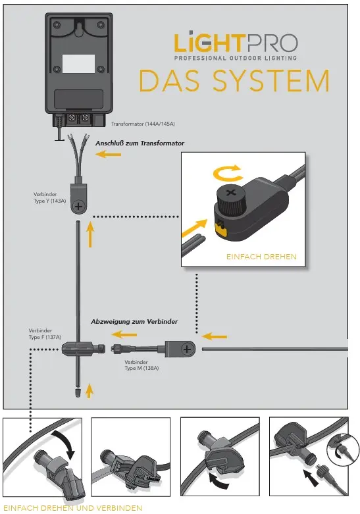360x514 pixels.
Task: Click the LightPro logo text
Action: [235, 43]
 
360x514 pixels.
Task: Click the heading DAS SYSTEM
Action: [234, 81]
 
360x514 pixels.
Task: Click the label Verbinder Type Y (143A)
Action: [49, 197]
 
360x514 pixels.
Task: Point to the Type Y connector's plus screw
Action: [79, 206]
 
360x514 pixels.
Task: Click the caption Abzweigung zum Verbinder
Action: [143, 322]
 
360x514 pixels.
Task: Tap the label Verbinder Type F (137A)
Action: [45, 334]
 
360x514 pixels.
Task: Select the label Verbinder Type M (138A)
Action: [141, 365]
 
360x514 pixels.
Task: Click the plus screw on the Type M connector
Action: [188, 349]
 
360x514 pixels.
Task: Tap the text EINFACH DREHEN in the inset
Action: [261, 256]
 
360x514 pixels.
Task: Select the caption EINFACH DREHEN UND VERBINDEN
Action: [72, 508]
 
